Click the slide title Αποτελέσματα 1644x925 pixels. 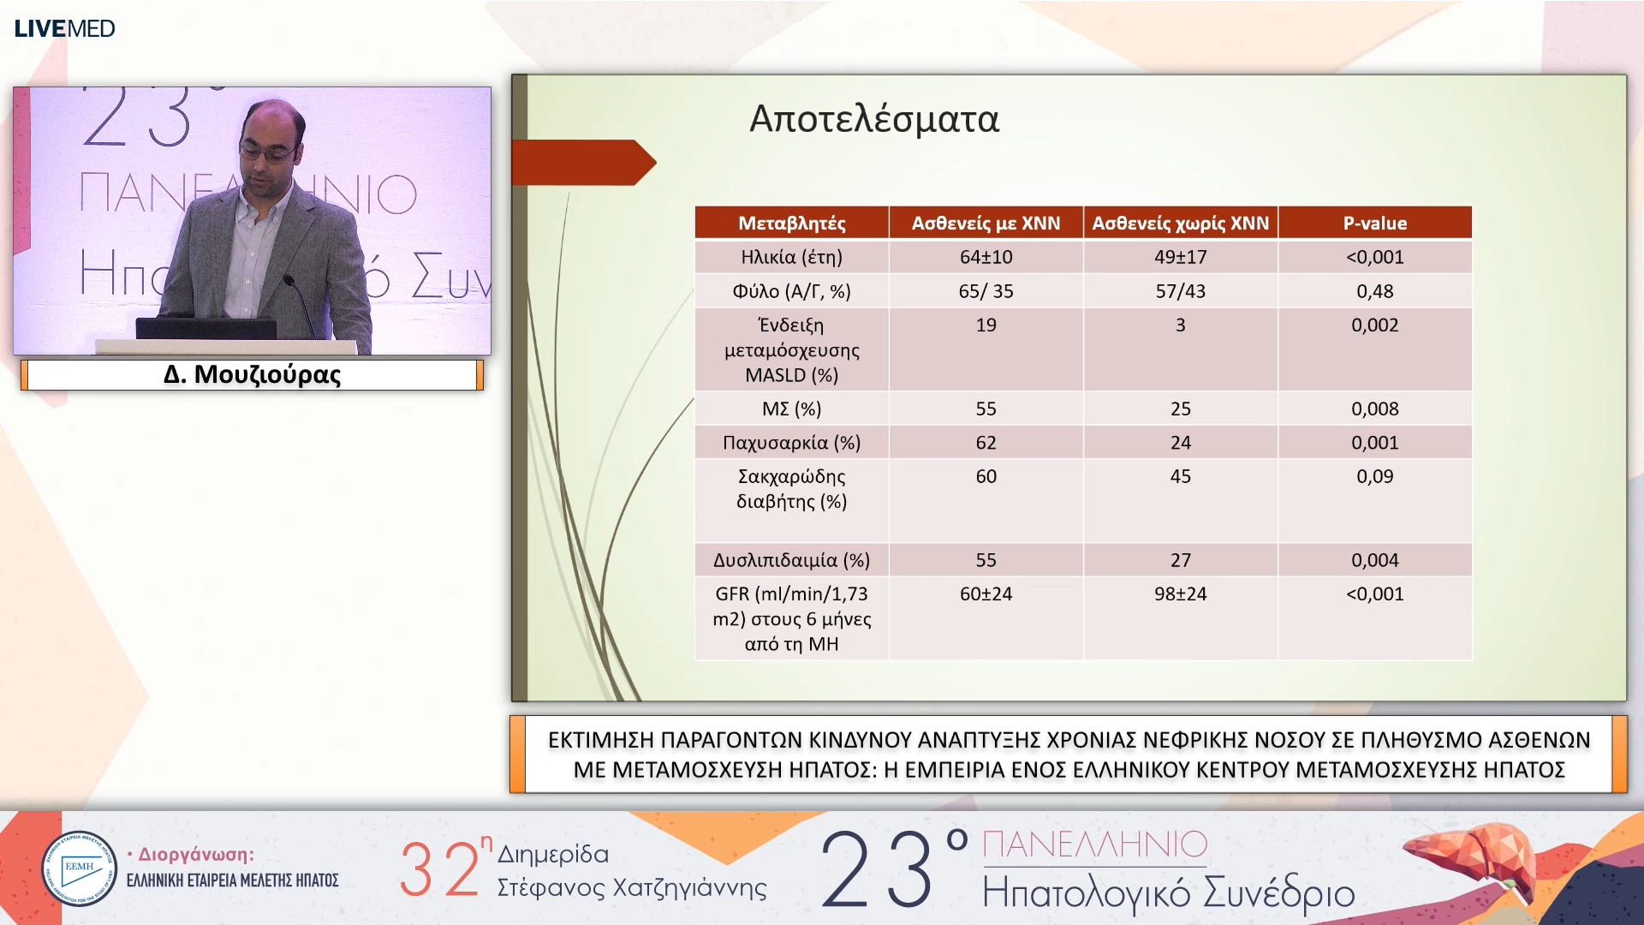(874, 119)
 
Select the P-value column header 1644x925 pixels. (1374, 224)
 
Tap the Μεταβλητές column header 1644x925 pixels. (792, 224)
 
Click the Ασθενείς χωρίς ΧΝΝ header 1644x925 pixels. (1180, 224)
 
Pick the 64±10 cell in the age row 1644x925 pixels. (986, 257)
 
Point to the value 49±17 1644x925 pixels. (1180, 257)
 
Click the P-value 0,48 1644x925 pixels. (1374, 291)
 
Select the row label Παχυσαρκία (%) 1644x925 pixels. (792, 443)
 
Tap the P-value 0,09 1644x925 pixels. (1374, 476)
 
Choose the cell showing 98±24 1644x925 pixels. (1180, 594)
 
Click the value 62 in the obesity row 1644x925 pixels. (986, 443)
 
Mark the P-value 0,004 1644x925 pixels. (1374, 560)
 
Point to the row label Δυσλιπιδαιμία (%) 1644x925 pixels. (792, 560)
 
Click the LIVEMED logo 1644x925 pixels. (64, 28)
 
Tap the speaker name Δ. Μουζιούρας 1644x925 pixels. (252, 374)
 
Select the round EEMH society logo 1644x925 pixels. (79, 868)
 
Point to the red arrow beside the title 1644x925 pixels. (584, 163)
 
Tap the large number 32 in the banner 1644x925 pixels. (439, 869)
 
